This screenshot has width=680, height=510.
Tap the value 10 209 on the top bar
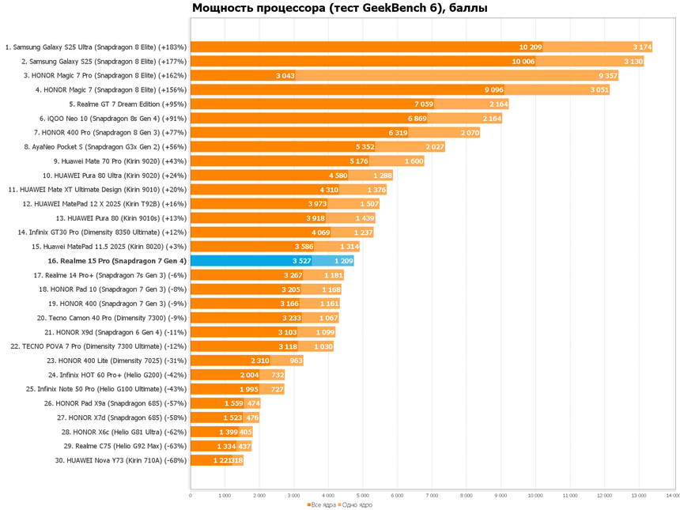pyautogui.click(x=531, y=47)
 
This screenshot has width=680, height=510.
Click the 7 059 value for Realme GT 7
pyautogui.click(x=424, y=104)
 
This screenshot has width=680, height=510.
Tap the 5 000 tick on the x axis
pyautogui.click(x=363, y=496)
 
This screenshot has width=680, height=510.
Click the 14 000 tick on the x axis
pyautogui.click(x=672, y=496)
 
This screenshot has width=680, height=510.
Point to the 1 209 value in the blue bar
pyautogui.click(x=343, y=260)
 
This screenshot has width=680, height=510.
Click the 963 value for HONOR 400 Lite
pyautogui.click(x=297, y=360)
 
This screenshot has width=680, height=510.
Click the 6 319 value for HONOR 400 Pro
pyautogui.click(x=398, y=133)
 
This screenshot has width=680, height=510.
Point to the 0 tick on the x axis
pyautogui.click(x=191, y=496)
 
